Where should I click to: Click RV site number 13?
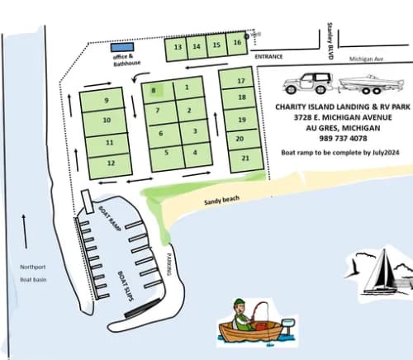178,47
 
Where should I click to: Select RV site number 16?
237,43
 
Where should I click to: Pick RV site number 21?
241,157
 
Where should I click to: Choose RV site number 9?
107,101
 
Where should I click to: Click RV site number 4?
195,151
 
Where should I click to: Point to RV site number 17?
241,81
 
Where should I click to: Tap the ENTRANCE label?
268,57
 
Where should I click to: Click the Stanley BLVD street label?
330,40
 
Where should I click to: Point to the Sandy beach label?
221,200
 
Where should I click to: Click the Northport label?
31,266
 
